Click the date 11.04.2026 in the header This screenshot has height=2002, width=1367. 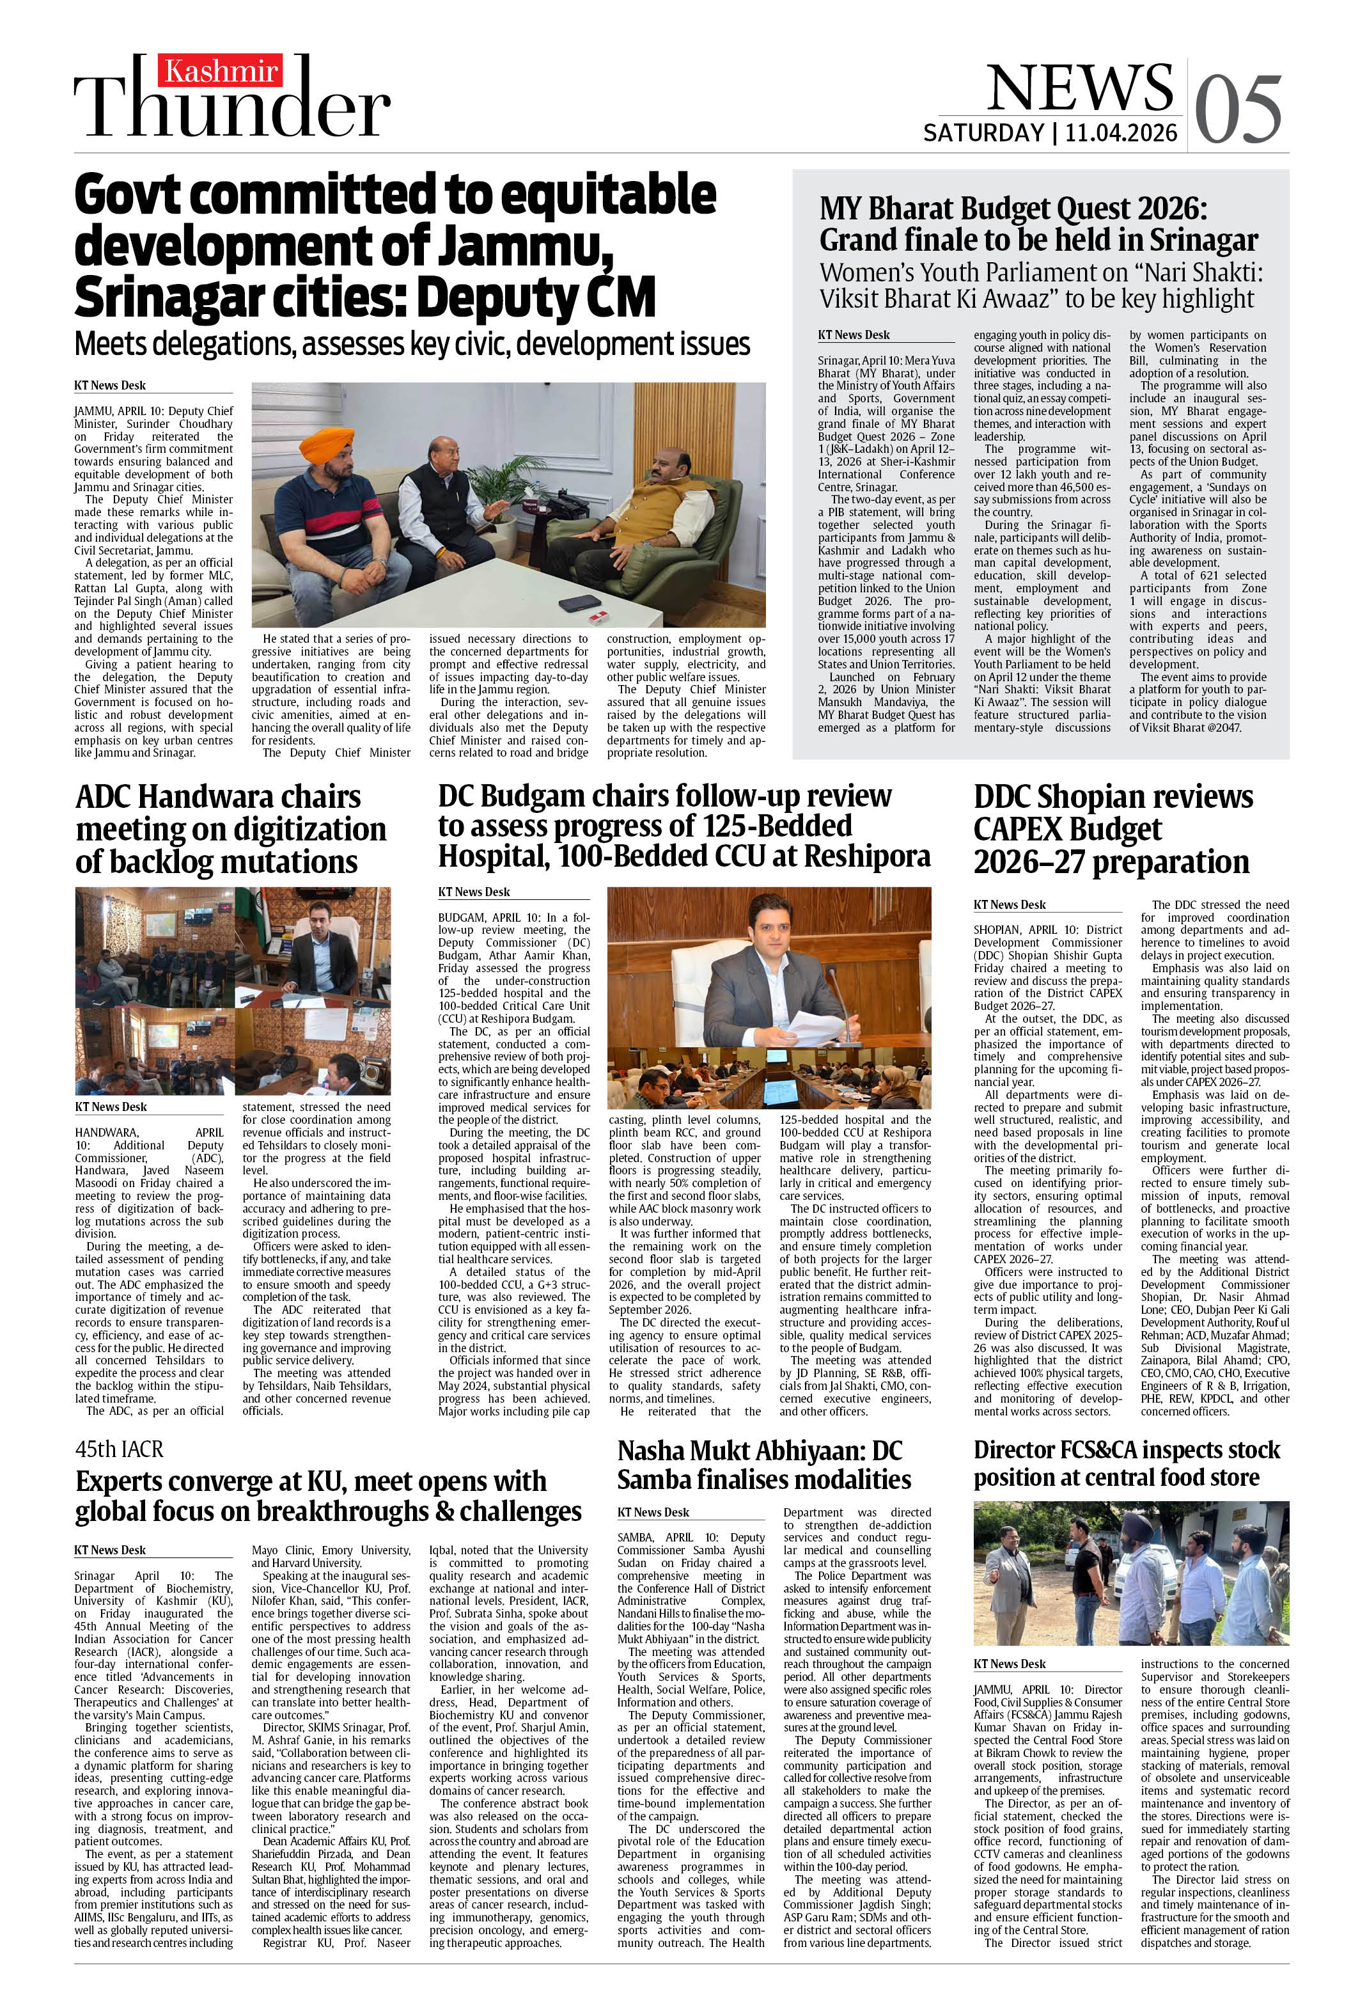click(x=1121, y=132)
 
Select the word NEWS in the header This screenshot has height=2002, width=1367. click(x=1079, y=86)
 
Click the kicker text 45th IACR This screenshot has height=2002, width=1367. click(x=119, y=1449)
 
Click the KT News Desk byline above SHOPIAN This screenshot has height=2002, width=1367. click(x=1010, y=904)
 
